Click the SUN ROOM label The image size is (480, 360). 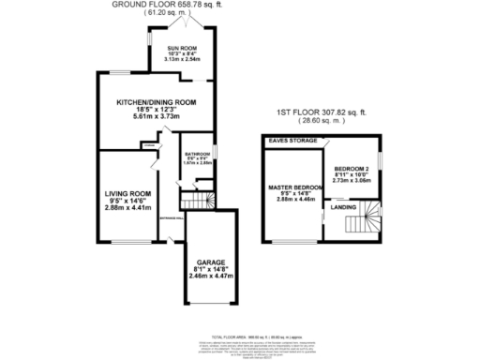point(182,46)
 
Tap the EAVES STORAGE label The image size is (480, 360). point(291,141)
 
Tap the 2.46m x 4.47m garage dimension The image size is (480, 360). point(209,277)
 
